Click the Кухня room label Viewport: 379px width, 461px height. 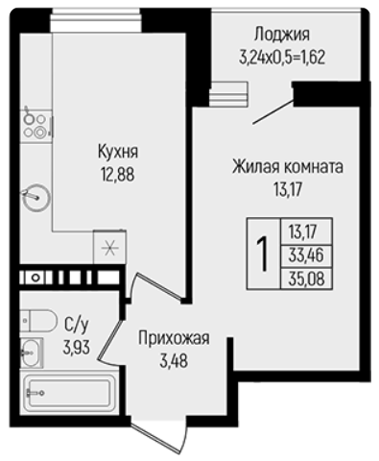pyautogui.click(x=118, y=151)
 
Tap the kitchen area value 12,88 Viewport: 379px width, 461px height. pyautogui.click(x=118, y=175)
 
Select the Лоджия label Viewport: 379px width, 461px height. pyautogui.click(x=282, y=35)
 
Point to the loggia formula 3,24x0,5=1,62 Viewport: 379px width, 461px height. pyautogui.click(x=282, y=58)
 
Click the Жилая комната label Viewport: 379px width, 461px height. pyautogui.click(x=288, y=166)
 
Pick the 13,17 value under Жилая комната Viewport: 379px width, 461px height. pyautogui.click(x=288, y=189)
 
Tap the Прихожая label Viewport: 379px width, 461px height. pyautogui.click(x=174, y=338)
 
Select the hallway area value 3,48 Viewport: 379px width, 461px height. pyautogui.click(x=174, y=361)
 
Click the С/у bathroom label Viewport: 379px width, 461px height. pyautogui.click(x=76, y=325)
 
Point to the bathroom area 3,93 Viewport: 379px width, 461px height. pyautogui.click(x=77, y=348)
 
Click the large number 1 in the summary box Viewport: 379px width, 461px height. pyautogui.click(x=263, y=254)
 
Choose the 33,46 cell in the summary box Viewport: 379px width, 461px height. pyautogui.click(x=306, y=255)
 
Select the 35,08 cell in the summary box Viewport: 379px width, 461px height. pyautogui.click(x=306, y=279)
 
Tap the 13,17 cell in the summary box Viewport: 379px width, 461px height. pyautogui.click(x=306, y=231)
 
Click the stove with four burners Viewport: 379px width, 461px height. pyautogui.click(x=36, y=126)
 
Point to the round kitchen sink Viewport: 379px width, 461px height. pyautogui.click(x=36, y=197)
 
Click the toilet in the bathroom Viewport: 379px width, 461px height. pyautogui.click(x=38, y=321)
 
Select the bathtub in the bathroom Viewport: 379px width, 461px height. pyautogui.click(x=67, y=393)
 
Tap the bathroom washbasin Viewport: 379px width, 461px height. pyautogui.click(x=32, y=352)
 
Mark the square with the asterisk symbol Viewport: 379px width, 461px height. pyautogui.click(x=109, y=247)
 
